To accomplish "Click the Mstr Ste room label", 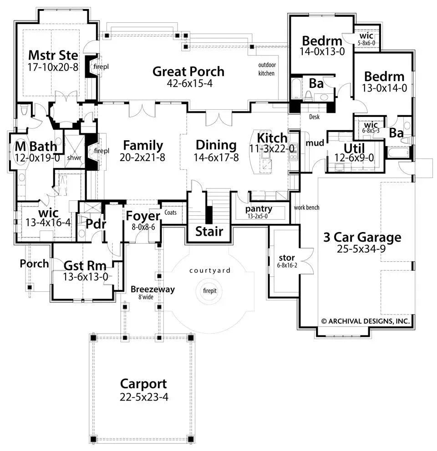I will (x=53, y=55).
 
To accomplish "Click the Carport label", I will (x=143, y=384).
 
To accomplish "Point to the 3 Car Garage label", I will (x=362, y=237).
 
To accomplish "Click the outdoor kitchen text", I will (x=267, y=69).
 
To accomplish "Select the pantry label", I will (x=259, y=209).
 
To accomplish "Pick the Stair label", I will (x=209, y=231).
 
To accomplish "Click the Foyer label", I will (x=143, y=216).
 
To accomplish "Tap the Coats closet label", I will (x=171, y=212).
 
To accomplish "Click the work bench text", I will (x=306, y=208).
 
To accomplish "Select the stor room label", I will (x=286, y=258).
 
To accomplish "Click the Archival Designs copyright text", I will (x=366, y=321).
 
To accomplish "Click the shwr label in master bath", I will (x=74, y=157).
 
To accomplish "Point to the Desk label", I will (x=314, y=117).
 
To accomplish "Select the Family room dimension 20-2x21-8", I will (x=143, y=157).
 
